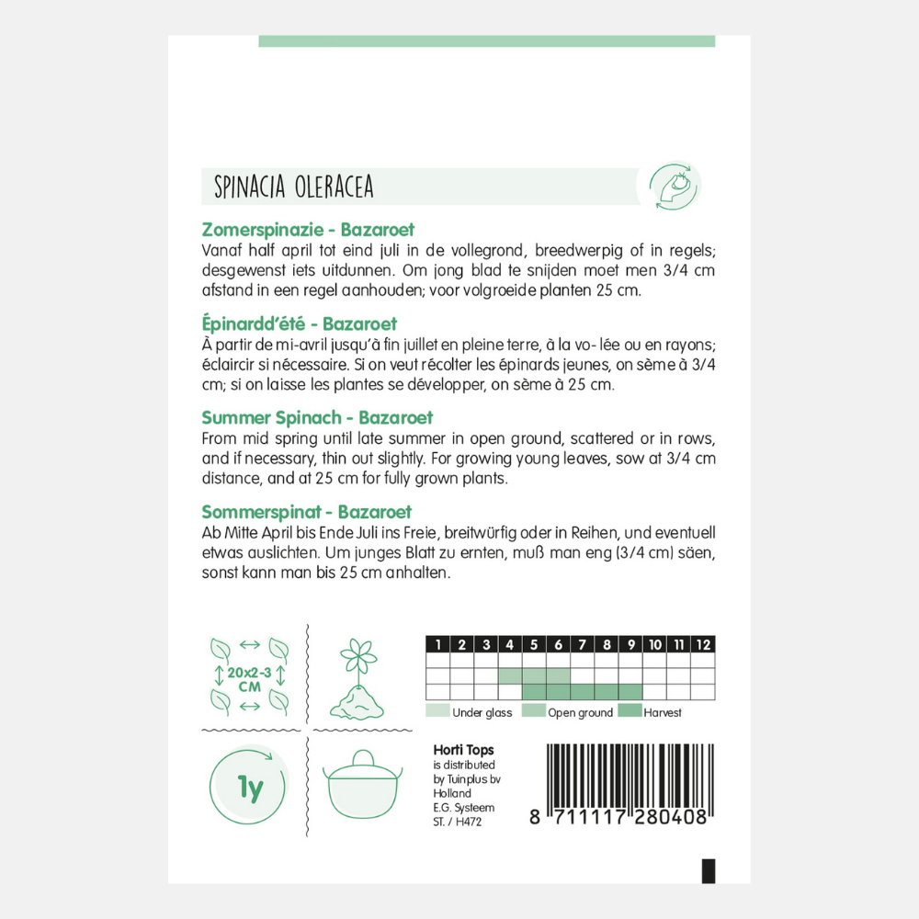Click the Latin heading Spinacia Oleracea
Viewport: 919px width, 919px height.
click(x=293, y=187)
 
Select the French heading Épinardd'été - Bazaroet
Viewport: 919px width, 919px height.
click(x=299, y=324)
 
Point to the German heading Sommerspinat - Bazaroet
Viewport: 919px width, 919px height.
click(x=306, y=512)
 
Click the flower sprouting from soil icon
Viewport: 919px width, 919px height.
click(x=357, y=680)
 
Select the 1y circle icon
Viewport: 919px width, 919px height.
click(x=249, y=786)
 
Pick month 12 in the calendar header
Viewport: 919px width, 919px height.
click(x=703, y=644)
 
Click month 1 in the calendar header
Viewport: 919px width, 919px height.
click(x=438, y=644)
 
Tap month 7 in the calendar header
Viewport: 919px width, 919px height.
click(x=583, y=644)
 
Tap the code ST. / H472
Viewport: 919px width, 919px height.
click(x=457, y=822)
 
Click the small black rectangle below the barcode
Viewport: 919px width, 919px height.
click(x=708, y=870)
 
